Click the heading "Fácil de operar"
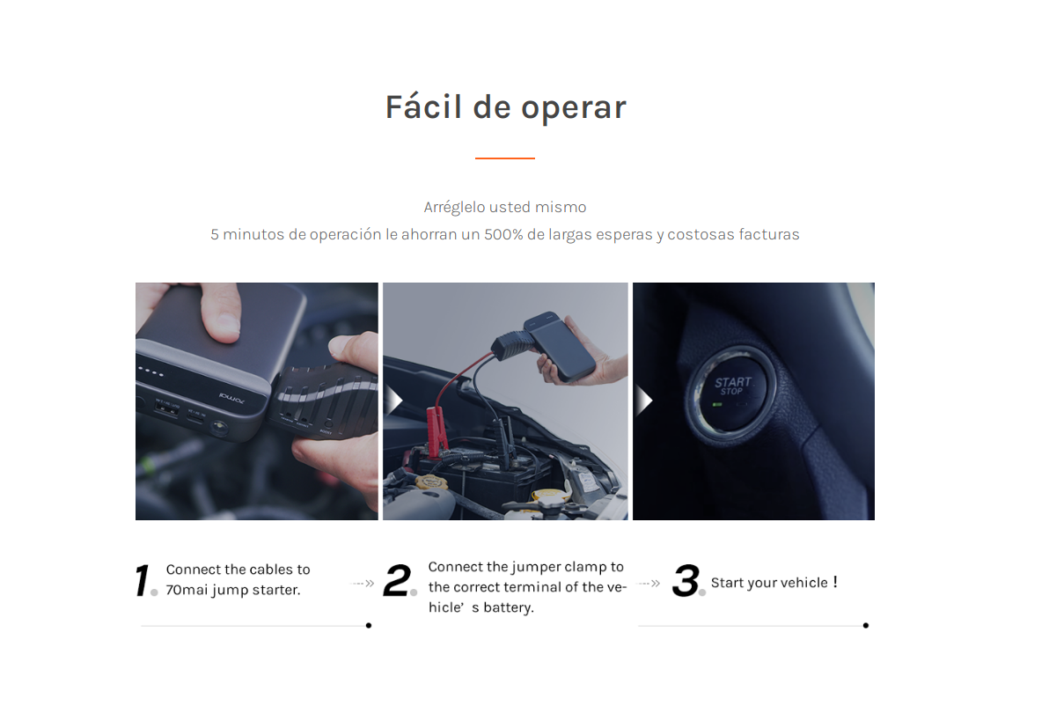[505, 107]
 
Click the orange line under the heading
[504, 158]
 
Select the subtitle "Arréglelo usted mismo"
[504, 208]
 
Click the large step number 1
[143, 581]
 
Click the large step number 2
[398, 581]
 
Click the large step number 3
[686, 581]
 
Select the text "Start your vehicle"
[769, 583]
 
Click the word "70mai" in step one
[187, 590]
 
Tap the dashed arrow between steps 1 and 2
[363, 583]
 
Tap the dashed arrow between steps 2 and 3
[649, 583]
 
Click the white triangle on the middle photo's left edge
[393, 401]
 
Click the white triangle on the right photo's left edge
[642, 401]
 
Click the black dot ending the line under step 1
[368, 626]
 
